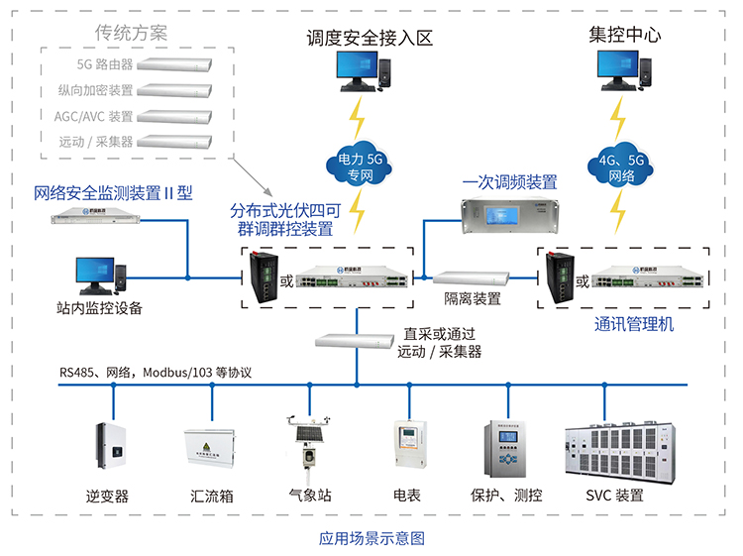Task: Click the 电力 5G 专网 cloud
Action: (x=360, y=164)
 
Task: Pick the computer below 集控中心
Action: (x=626, y=75)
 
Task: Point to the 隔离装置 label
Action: (x=473, y=298)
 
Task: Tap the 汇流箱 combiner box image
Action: (x=211, y=454)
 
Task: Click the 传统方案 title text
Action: (x=131, y=33)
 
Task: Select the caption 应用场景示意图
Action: (x=371, y=539)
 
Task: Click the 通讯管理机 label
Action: (x=634, y=324)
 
